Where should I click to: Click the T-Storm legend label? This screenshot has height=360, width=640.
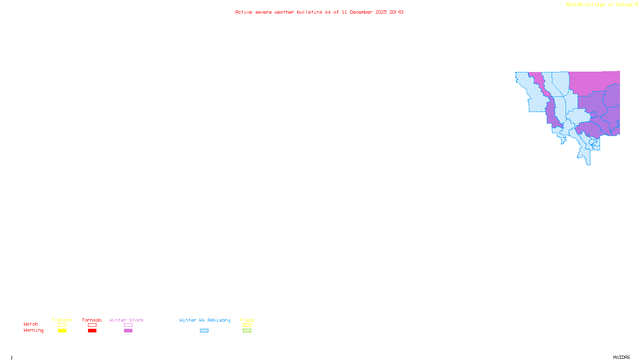click(x=62, y=320)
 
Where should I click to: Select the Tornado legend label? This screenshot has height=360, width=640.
click(x=92, y=320)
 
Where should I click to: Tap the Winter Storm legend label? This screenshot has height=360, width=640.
click(x=126, y=320)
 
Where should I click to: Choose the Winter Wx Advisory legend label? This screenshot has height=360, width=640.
click(x=205, y=320)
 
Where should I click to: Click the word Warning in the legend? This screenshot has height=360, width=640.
click(x=34, y=330)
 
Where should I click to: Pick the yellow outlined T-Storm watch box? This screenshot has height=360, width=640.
click(x=62, y=325)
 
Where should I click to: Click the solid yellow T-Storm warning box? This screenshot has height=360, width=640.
click(x=62, y=331)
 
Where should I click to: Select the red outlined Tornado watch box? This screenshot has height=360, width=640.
click(x=92, y=325)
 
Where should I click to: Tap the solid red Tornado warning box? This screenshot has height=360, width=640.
click(x=92, y=331)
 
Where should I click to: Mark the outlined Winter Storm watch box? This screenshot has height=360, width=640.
click(x=128, y=325)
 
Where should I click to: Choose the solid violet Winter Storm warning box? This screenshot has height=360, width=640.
click(x=128, y=331)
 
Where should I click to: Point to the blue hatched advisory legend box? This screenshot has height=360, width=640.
click(x=204, y=331)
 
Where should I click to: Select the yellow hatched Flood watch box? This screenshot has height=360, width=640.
click(x=247, y=325)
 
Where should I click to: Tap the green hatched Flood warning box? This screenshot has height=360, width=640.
click(x=247, y=331)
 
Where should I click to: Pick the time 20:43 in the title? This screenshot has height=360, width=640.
click(x=396, y=12)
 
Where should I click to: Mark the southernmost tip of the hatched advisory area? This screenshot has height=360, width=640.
click(x=588, y=164)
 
